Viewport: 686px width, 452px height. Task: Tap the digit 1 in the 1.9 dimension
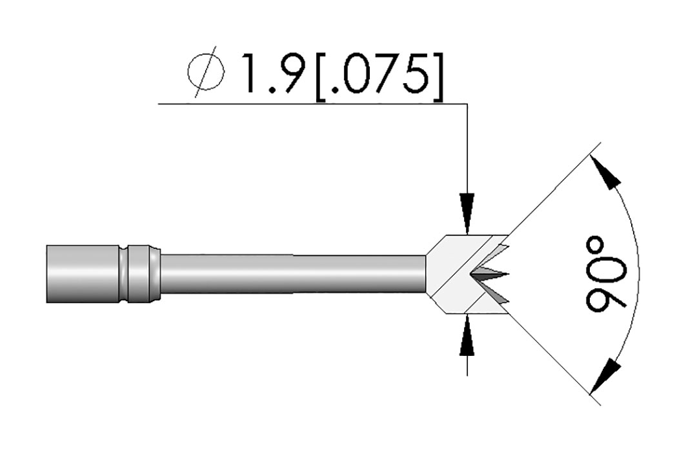click(252, 74)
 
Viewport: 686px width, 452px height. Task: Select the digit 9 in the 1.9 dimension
click(294, 74)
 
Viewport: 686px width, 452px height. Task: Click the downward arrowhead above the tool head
click(467, 212)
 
